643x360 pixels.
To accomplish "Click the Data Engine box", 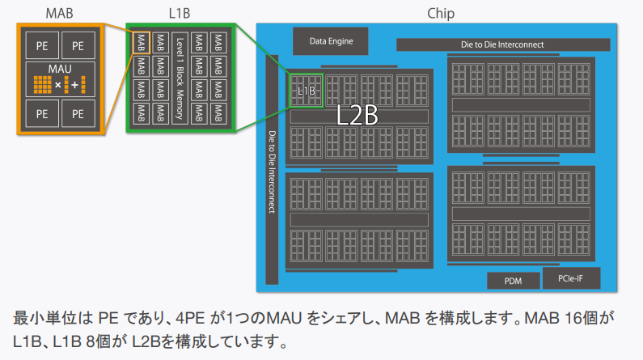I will tap(328, 39).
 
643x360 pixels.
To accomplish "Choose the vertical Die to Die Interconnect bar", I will tap(272, 170).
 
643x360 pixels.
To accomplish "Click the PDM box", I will tap(512, 281).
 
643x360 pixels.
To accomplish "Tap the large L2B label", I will tap(357, 115).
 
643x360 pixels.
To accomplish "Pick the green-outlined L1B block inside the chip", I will tap(307, 91).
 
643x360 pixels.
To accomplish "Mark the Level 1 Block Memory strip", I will tap(180, 78).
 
